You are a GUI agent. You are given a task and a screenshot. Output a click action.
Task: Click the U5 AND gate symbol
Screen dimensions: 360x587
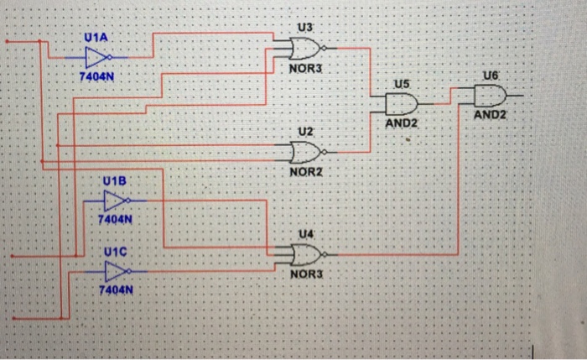pyautogui.click(x=401, y=104)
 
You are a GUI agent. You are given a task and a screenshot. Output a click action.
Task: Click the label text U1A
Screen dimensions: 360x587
pyautogui.click(x=96, y=39)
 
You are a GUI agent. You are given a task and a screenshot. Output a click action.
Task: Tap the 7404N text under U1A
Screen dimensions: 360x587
pyautogui.click(x=96, y=77)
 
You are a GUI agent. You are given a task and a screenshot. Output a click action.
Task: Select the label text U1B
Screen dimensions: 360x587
pyautogui.click(x=114, y=181)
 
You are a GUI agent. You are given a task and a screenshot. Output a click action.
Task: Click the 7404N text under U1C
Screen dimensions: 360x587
pyautogui.click(x=116, y=290)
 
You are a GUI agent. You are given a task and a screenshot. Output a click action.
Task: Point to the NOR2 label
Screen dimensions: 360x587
pyautogui.click(x=305, y=171)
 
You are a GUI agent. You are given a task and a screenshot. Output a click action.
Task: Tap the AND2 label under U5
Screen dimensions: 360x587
pyautogui.click(x=401, y=123)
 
